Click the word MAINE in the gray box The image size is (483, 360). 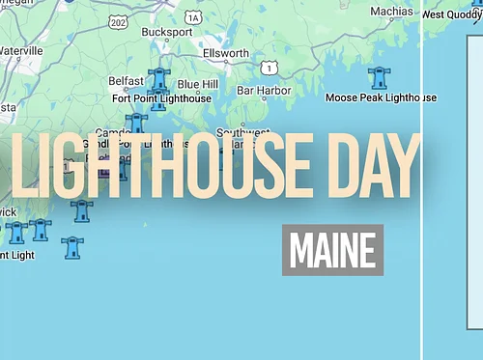click(332, 250)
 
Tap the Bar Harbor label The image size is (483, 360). click(264, 91)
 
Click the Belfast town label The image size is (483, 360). click(127, 82)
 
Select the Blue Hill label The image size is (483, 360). click(197, 84)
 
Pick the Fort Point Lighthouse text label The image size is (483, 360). click(161, 98)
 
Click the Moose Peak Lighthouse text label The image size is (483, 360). click(381, 97)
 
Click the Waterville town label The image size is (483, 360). click(20, 50)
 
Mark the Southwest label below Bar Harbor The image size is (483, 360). click(241, 132)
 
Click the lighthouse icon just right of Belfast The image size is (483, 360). click(159, 78)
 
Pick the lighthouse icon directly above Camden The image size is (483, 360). click(136, 121)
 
